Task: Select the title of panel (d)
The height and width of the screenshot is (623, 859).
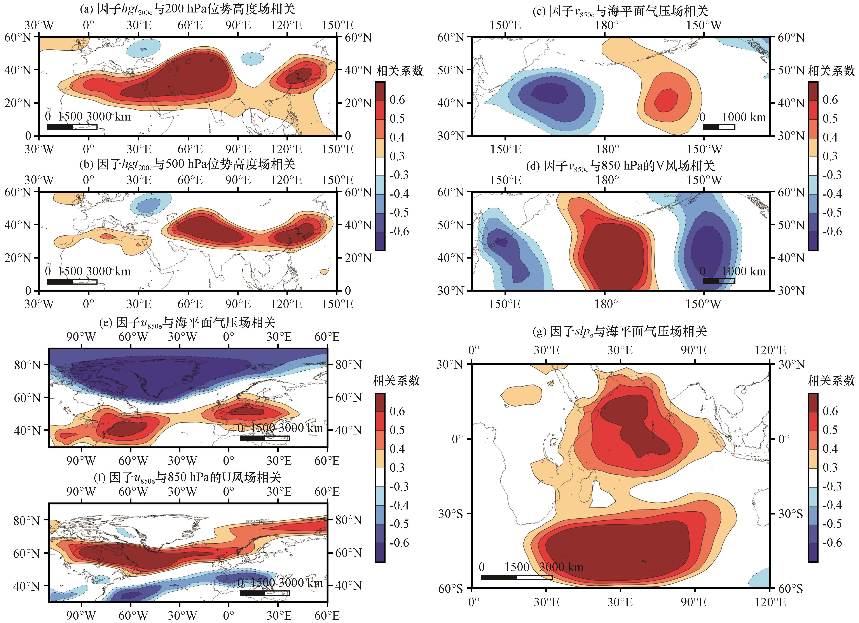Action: [x=620, y=166]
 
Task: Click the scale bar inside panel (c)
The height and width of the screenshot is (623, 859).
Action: [x=718, y=127]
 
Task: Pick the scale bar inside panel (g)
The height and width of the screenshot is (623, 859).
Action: [x=517, y=577]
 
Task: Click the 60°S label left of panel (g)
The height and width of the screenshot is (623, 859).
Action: [x=451, y=588]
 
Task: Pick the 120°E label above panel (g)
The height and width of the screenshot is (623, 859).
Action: [x=770, y=350]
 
